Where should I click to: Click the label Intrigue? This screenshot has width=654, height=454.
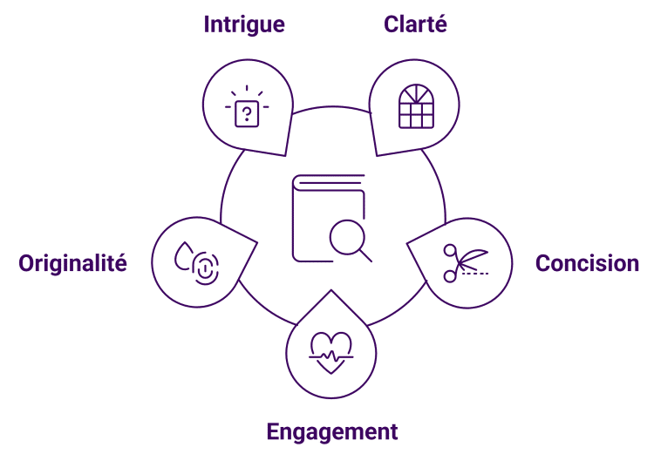[x=244, y=24]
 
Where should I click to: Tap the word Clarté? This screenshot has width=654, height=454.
[x=415, y=24]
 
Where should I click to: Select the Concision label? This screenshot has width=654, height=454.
[x=587, y=263]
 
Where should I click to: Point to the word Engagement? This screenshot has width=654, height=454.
[x=332, y=431]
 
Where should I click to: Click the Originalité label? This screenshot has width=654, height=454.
[x=73, y=263]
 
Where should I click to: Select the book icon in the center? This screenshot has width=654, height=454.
[x=323, y=218]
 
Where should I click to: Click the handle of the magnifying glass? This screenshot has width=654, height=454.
[x=365, y=255]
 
